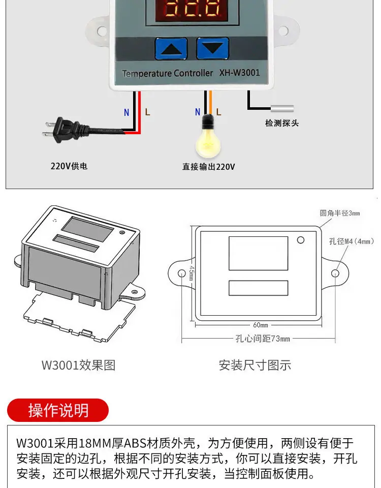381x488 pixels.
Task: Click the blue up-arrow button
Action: click(x=171, y=49)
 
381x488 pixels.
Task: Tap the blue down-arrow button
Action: click(x=213, y=48)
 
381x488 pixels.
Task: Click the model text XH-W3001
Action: click(x=239, y=73)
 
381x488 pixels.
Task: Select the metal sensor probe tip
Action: click(x=282, y=109)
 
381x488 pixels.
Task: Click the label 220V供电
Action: click(x=69, y=166)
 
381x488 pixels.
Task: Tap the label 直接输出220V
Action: click(x=208, y=167)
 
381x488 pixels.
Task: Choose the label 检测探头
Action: click(x=282, y=123)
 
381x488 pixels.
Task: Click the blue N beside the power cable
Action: click(x=126, y=112)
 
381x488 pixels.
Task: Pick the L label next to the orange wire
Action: click(x=218, y=112)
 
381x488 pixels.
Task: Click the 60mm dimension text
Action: click(x=261, y=325)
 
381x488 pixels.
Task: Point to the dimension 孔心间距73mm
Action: click(x=263, y=339)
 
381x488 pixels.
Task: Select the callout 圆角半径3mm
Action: click(x=340, y=213)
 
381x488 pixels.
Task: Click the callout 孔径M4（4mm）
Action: click(x=352, y=241)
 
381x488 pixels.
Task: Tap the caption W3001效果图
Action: click(x=78, y=365)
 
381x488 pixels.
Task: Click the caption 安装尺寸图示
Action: click(x=255, y=365)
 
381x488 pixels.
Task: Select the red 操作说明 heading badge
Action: click(x=58, y=410)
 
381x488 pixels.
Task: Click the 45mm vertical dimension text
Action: click(x=192, y=273)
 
